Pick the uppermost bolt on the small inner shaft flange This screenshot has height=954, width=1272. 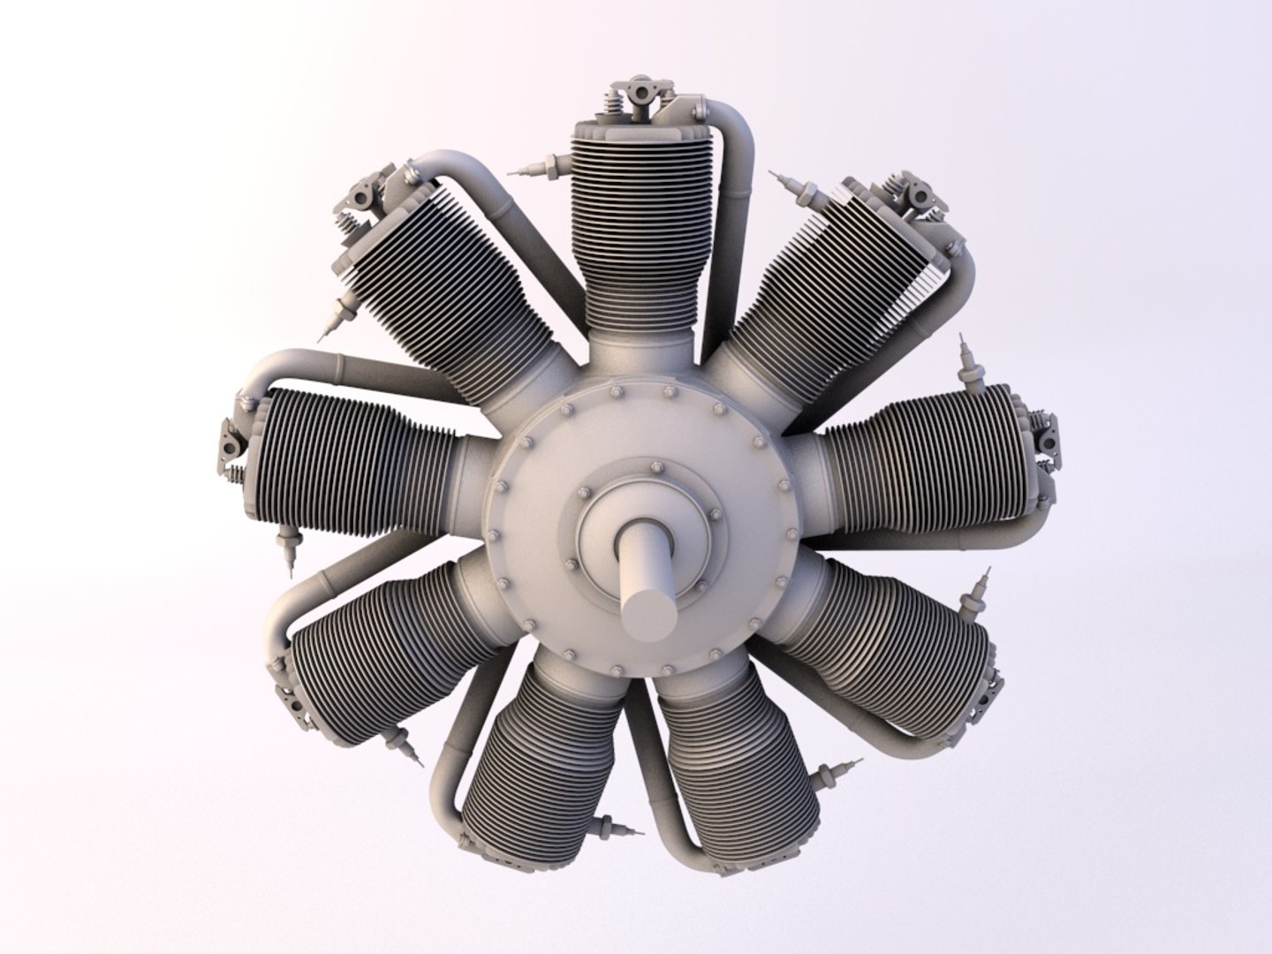655,466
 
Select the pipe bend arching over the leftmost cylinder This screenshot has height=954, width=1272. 283,364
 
